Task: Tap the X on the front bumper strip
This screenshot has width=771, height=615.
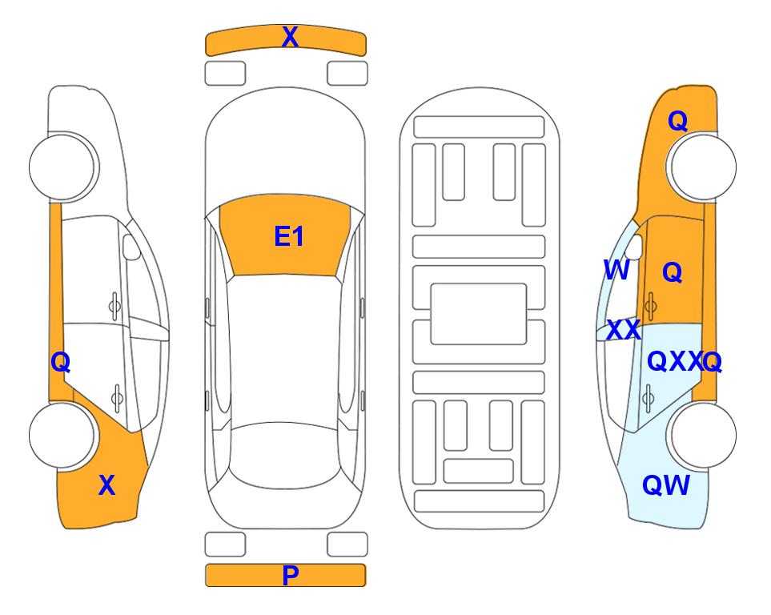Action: click(x=290, y=36)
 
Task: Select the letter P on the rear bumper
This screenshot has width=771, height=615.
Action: click(x=290, y=575)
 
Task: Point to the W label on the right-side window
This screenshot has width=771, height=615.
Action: click(x=616, y=270)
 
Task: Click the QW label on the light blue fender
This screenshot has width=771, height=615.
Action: click(x=666, y=485)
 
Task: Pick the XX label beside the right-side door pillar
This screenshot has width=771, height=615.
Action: click(x=624, y=330)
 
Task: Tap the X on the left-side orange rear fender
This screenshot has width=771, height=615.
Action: click(x=106, y=485)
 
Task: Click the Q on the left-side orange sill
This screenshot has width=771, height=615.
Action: click(x=61, y=363)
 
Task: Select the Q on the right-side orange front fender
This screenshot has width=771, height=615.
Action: click(x=677, y=121)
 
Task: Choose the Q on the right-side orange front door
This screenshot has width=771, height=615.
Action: click(x=673, y=272)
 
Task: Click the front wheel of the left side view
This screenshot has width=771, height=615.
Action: click(x=62, y=167)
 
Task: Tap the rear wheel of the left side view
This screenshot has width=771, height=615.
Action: click(x=62, y=436)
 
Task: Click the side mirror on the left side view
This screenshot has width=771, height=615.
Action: click(x=131, y=247)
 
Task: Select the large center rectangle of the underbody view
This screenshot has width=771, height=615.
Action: click(x=479, y=314)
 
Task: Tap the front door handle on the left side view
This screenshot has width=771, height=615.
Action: click(x=114, y=306)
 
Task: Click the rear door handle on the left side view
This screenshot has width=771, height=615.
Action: click(x=117, y=397)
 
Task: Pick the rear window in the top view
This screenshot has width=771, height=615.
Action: click(x=285, y=455)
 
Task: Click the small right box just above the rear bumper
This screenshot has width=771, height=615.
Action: click(x=347, y=545)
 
